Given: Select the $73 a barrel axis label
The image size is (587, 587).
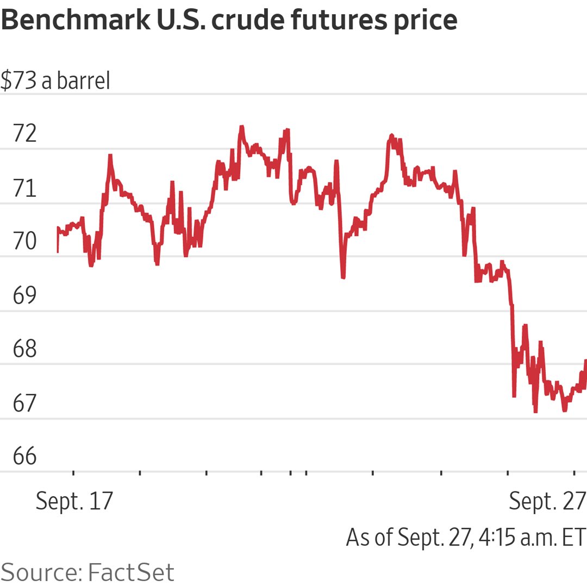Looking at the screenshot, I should pos(55,81).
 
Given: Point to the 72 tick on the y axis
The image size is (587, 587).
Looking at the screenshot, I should pos(25,134).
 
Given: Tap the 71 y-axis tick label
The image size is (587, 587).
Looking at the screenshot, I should pos(25,188).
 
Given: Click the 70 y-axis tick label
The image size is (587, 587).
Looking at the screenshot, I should pos(25,241).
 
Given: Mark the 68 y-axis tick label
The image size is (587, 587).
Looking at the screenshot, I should pos(25,349).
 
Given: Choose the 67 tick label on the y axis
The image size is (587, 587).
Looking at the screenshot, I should pos(25,403).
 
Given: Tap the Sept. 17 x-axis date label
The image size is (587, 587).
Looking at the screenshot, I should pos(74,501).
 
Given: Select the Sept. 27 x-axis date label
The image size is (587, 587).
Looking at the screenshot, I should pos(547,501).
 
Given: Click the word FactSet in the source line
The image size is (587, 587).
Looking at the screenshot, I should pos(130,572).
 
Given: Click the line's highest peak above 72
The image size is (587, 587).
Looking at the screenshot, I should pos(241,127).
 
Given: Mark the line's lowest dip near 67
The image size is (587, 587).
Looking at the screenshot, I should pos(535,411).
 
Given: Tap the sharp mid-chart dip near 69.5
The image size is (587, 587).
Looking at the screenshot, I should pos(343,277).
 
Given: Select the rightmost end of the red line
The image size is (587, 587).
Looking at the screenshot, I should pos(585,361).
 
